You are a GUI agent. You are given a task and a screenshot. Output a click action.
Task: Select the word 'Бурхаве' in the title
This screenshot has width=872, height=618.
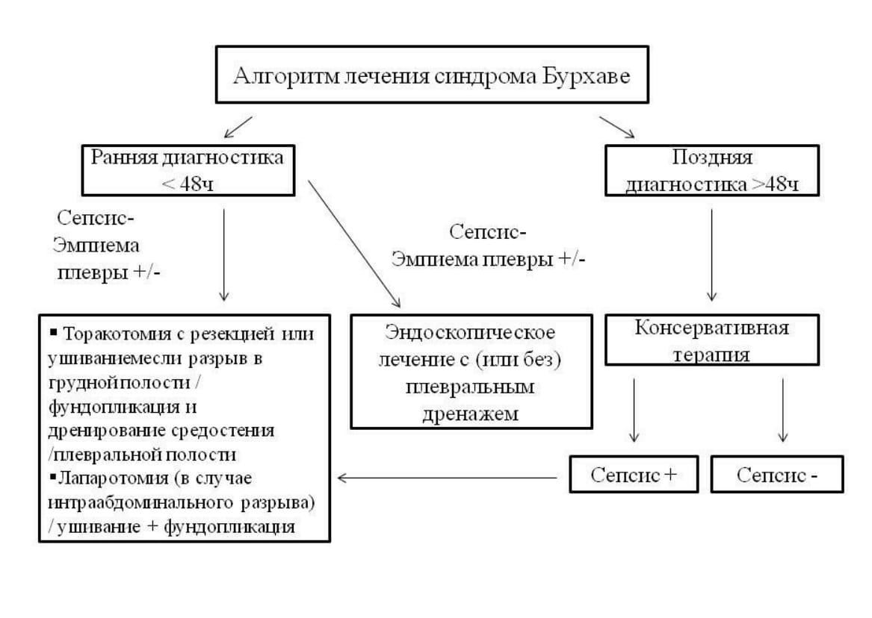[596, 76]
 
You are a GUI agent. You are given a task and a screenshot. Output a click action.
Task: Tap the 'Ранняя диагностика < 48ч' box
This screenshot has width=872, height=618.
[188, 170]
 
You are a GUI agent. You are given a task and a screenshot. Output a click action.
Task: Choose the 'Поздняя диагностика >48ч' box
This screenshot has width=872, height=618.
[711, 171]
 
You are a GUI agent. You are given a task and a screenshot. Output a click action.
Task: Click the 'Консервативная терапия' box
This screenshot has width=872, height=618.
[711, 340]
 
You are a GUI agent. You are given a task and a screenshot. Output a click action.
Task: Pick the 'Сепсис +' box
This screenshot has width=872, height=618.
[634, 474]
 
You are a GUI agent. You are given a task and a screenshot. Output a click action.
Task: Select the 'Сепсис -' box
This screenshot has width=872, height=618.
[776, 474]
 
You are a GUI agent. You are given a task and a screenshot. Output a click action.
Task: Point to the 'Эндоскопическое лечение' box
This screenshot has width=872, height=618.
[470, 372]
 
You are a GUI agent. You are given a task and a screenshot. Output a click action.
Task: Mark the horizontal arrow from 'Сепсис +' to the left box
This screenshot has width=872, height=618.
[448, 477]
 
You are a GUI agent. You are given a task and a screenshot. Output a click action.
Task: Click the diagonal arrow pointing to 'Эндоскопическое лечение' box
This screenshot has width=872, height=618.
[354, 243]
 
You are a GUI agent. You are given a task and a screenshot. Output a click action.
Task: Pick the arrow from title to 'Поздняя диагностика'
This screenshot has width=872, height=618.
[616, 127]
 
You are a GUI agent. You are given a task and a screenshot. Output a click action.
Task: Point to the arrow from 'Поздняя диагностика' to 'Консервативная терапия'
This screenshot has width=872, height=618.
[711, 254]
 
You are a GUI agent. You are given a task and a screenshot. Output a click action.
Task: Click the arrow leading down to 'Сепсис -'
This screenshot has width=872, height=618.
[782, 410]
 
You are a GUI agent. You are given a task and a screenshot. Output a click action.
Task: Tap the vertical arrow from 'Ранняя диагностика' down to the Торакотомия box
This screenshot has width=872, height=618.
[224, 254]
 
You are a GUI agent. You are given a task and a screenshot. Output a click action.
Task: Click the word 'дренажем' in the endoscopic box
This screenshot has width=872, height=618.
[470, 415]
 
